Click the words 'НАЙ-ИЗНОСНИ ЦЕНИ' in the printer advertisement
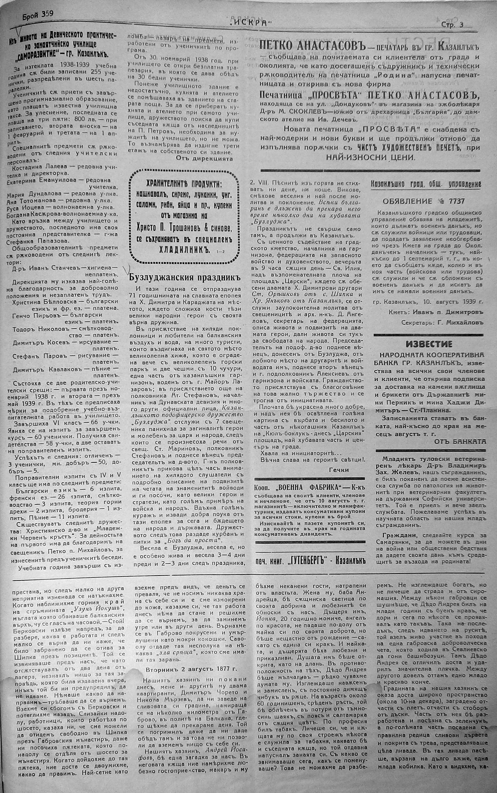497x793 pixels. (x=369, y=157)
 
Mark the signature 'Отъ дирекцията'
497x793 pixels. (x=204, y=158)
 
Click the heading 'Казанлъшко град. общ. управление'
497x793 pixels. (x=425, y=184)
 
